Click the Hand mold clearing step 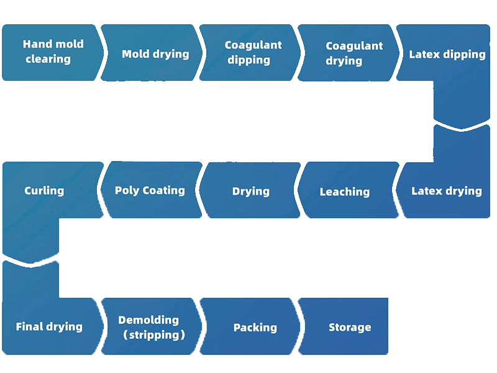53,52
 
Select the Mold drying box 155,54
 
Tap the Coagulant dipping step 253,53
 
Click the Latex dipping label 447,55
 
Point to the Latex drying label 447,191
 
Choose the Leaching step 345,192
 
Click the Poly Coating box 150,190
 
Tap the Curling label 44,190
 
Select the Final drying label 49,327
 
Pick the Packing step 255,328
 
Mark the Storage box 350,328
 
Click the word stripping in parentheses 153,335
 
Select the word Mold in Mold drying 135,54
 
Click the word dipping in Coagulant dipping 248,60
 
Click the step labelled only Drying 250,191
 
